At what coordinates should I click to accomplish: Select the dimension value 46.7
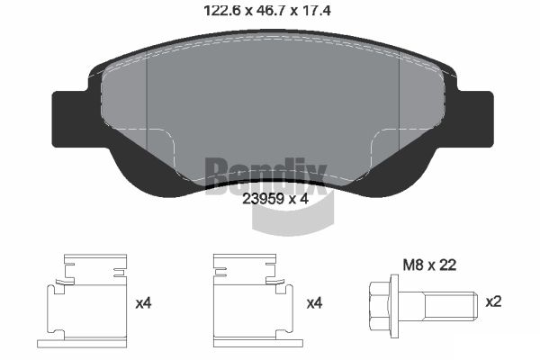270,13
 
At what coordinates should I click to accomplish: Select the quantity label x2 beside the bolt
494,301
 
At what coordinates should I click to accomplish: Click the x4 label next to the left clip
143,304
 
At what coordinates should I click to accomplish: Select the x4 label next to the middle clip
314,304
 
